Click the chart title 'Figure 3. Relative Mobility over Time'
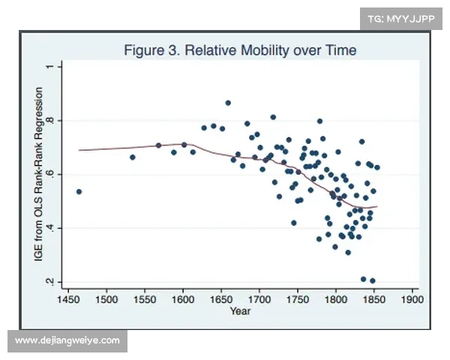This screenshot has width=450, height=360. pyautogui.click(x=240, y=51)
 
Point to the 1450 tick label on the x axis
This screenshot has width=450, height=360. pyautogui.click(x=68, y=298)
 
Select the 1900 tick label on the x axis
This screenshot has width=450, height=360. pyautogui.click(x=412, y=298)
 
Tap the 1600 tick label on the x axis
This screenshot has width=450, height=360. pyautogui.click(x=183, y=298)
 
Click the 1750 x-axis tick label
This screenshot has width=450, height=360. pyautogui.click(x=298, y=298)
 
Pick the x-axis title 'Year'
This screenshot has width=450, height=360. pyautogui.click(x=240, y=310)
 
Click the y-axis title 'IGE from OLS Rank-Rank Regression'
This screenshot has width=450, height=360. pyautogui.click(x=40, y=175)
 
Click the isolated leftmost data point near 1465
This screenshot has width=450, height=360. pyautogui.click(x=79, y=192)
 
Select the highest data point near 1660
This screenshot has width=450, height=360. pyautogui.click(x=228, y=103)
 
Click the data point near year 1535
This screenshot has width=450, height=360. pyautogui.click(x=133, y=157)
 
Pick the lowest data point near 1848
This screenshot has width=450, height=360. pyautogui.click(x=373, y=281)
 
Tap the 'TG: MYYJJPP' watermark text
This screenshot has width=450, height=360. pyautogui.click(x=401, y=19)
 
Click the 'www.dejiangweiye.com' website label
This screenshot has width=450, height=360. pyautogui.click(x=67, y=340)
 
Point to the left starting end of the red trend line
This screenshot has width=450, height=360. pyautogui.click(x=79, y=150)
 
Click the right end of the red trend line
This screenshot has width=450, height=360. pyautogui.click(x=377, y=206)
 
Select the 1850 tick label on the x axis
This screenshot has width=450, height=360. pyautogui.click(x=373, y=298)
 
